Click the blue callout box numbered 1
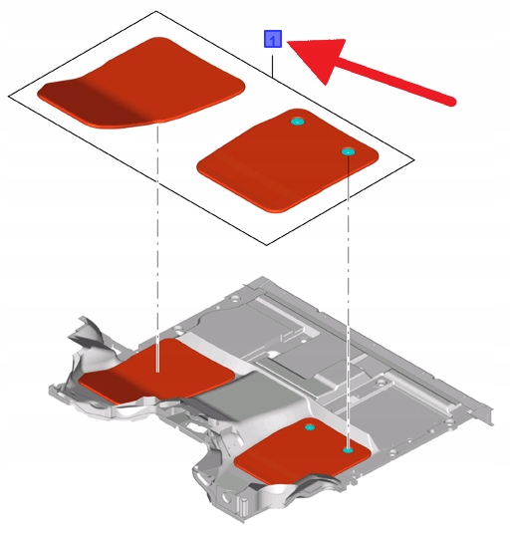(x=273, y=39)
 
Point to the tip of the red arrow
(x=287, y=42)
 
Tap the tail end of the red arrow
(x=452, y=102)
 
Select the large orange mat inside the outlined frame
(x=140, y=83)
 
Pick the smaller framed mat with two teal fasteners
(x=288, y=160)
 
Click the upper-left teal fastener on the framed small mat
(x=297, y=122)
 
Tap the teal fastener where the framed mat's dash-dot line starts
(x=348, y=151)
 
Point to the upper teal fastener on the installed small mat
(x=310, y=427)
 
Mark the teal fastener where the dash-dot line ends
(x=348, y=450)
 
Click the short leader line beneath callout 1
(x=273, y=66)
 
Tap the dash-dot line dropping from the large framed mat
(x=157, y=249)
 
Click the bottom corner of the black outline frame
(x=267, y=245)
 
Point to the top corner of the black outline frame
(x=156, y=11)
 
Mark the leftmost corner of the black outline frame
(x=9, y=97)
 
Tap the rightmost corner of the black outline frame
(x=414, y=159)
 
